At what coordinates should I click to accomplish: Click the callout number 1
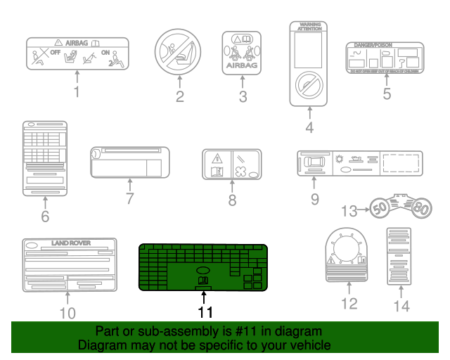77,91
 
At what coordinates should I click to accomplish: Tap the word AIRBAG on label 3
243,67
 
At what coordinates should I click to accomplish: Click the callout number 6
45,217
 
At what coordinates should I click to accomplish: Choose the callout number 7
129,199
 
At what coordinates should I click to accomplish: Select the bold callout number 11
205,311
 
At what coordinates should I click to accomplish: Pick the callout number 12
349,303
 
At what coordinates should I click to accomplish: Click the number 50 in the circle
380,209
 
